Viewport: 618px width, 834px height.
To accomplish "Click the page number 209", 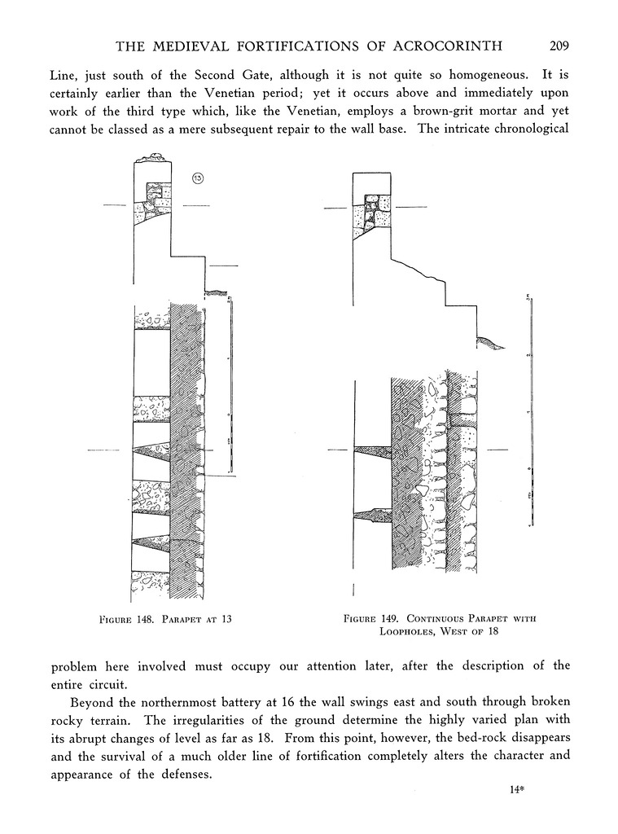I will (558, 45).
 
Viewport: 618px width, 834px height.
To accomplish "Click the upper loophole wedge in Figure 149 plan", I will (373, 450).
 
